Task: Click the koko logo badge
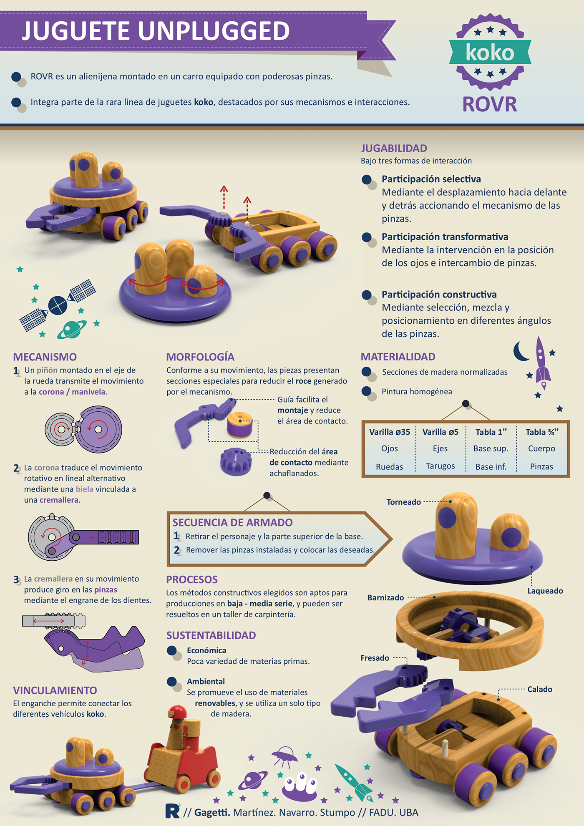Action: click(x=490, y=52)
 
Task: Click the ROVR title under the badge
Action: click(x=490, y=104)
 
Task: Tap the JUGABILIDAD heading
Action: click(x=394, y=148)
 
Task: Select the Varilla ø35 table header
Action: click(x=390, y=432)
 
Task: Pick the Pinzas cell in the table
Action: click(x=541, y=466)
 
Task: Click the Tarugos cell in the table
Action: click(x=440, y=466)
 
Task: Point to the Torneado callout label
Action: click(x=403, y=502)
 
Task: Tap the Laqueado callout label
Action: click(x=545, y=591)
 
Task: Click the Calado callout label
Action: click(x=539, y=689)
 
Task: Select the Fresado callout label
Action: click(x=375, y=658)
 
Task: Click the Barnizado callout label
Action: click(x=385, y=597)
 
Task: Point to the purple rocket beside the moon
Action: click(x=541, y=361)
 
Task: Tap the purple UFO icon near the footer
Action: click(x=284, y=755)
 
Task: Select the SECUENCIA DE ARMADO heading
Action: click(x=232, y=522)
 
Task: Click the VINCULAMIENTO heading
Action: click(x=55, y=690)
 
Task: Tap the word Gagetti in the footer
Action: click(x=212, y=812)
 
